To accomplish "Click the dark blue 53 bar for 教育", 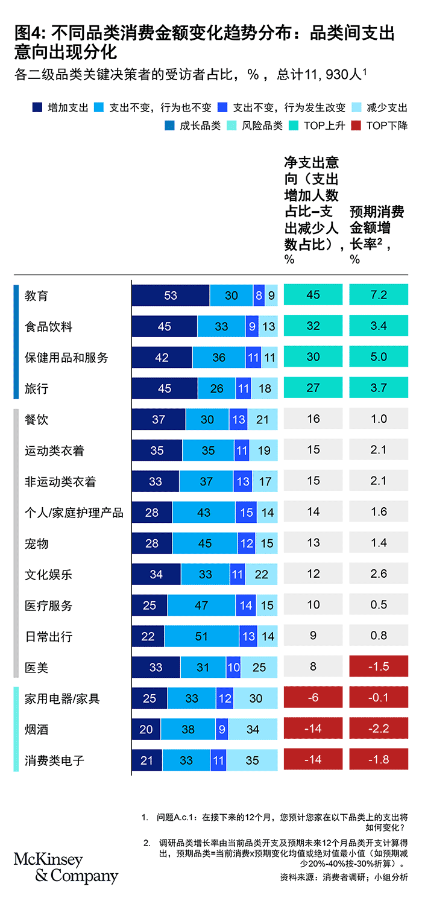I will (171, 296).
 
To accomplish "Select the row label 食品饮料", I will (48, 327).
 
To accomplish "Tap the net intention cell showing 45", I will (313, 296).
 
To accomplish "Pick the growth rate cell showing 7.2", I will (379, 296).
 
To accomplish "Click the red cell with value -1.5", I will (379, 667).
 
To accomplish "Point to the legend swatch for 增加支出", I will (37, 108).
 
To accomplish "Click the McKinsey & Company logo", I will (66, 867).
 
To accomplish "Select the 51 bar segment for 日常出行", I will (201, 636).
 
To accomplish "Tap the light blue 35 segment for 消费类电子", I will (252, 760).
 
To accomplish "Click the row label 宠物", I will (36, 543).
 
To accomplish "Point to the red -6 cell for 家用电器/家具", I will (313, 698).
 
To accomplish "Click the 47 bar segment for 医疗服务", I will (201, 605).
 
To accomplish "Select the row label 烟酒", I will (36, 730).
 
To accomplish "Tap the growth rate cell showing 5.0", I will (379, 358).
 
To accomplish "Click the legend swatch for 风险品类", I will (232, 125).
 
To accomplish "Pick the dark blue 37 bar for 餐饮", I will (159, 419).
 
